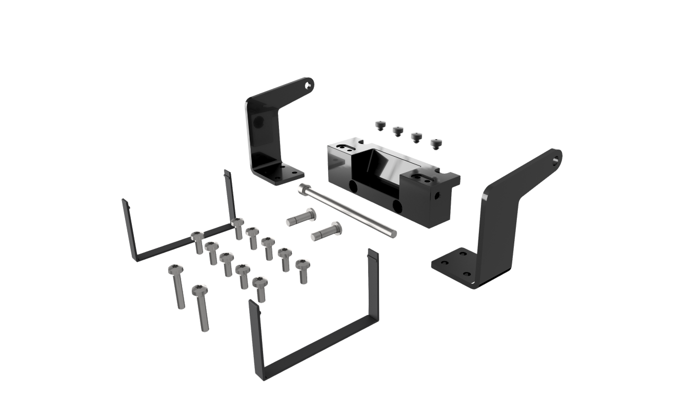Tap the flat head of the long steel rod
coord(303,188)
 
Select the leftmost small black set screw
coord(380,125)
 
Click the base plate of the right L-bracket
coord(454,264)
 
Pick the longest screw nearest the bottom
coord(202,307)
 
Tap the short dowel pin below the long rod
coord(327,232)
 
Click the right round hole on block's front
coord(397,205)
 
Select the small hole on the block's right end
coord(437,196)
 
